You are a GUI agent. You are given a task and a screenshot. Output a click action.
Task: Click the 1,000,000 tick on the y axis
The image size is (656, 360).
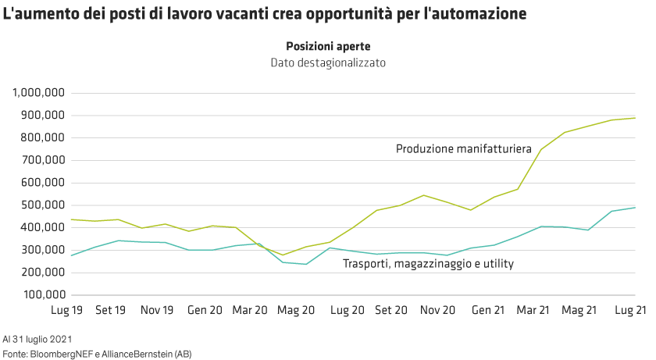[38, 93]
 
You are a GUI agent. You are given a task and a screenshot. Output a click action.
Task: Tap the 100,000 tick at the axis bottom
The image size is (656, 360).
[42, 295]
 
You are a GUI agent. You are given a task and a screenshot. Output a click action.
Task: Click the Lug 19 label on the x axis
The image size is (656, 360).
[66, 310]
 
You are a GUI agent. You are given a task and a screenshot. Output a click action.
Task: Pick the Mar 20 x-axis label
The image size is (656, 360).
[250, 310]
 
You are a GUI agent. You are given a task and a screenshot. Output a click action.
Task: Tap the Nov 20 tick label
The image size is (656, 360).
[437, 310]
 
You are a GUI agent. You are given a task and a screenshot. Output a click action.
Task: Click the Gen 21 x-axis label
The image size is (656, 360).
[487, 310]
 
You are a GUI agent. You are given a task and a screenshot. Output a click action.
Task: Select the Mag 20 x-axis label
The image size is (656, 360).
[297, 310]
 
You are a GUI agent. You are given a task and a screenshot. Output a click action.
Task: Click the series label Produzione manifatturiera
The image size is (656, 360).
[463, 148]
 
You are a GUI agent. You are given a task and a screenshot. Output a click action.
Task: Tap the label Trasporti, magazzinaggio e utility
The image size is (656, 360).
[428, 265]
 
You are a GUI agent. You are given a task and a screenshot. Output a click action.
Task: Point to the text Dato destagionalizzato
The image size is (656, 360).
[328, 62]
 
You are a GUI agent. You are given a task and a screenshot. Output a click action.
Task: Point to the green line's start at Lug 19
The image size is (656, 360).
[72, 219]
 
